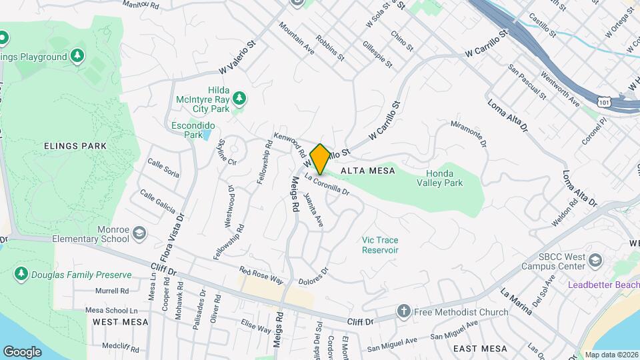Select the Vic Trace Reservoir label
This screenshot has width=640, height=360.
(x=380, y=245)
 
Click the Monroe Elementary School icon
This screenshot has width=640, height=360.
(x=139, y=233)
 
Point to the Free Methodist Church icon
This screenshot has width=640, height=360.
(x=403, y=311)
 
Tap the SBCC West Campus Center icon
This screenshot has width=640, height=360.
(x=595, y=259)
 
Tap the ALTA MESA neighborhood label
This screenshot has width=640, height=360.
(x=364, y=171)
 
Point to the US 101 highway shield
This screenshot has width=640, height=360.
(x=604, y=103)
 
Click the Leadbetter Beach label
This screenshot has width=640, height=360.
(x=603, y=285)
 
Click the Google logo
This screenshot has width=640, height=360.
(x=23, y=351)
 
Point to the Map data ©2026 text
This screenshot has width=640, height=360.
(x=611, y=355)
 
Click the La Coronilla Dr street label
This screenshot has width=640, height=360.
(x=327, y=185)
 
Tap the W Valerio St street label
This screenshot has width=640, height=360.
(x=237, y=59)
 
